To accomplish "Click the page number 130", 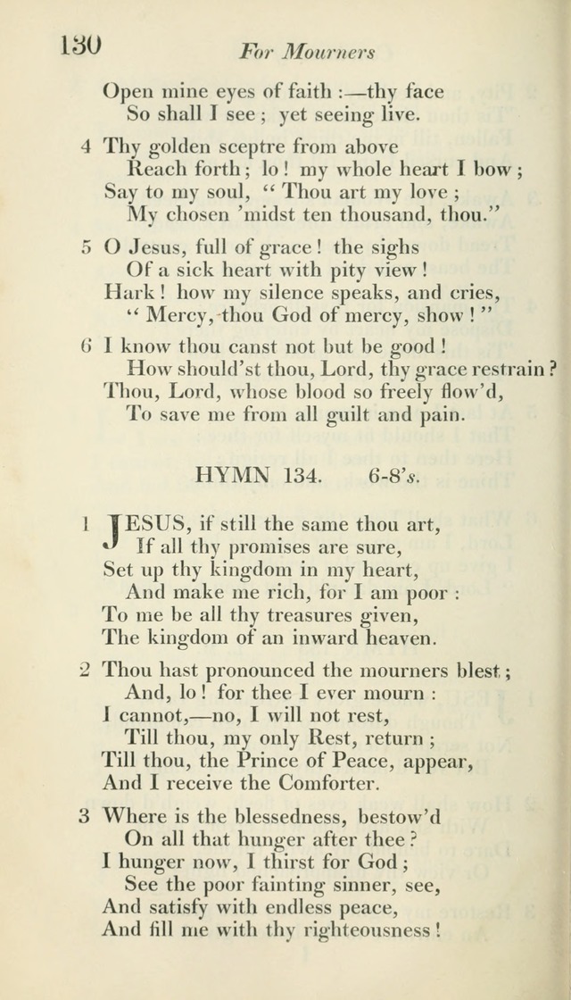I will pyautogui.click(x=80, y=45).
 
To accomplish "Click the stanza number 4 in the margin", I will pyautogui.click(x=87, y=146).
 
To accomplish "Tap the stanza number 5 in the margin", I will pyautogui.click(x=87, y=246).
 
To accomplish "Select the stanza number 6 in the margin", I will pyautogui.click(x=87, y=346).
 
